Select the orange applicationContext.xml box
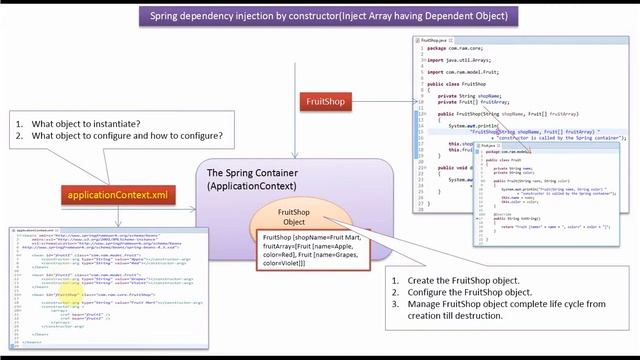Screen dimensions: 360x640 tap(117, 194)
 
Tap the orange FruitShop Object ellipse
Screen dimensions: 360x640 tap(293, 217)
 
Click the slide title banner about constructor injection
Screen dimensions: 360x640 tap(328, 16)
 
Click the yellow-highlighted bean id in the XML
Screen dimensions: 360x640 tap(67, 295)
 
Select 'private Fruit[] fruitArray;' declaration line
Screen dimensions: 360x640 tap(467, 102)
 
